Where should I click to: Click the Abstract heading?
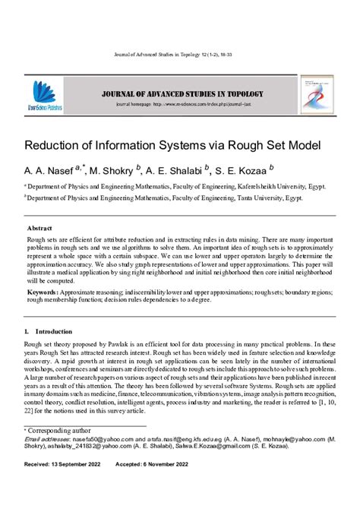(x=39, y=228)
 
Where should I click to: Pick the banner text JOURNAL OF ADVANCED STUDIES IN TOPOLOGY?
(x=179, y=94)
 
